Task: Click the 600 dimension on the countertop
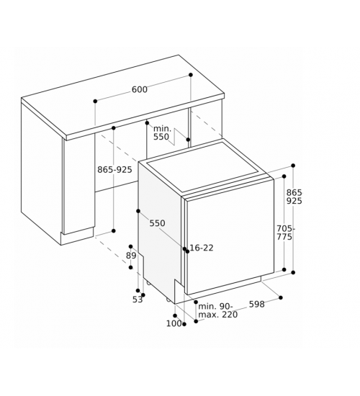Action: coord(140,89)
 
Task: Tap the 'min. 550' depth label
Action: coord(162,133)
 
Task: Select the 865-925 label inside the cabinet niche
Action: coord(114,170)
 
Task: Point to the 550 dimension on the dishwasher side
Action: coord(157,223)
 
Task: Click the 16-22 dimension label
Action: coord(202,248)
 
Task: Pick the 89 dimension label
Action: coord(131,256)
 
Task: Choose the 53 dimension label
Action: coord(138,300)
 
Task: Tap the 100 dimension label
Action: coord(174,323)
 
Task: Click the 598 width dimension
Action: coord(257,305)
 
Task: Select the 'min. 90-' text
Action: coord(215,306)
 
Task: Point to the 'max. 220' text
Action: coord(218,315)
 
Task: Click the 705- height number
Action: coord(286,228)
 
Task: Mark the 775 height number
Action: coord(284,237)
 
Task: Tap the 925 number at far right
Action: coord(294,201)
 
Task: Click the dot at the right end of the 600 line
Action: coord(191,75)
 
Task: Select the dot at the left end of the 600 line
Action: coord(95,102)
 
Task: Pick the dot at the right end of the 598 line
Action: coord(280,298)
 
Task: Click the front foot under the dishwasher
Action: coord(168,300)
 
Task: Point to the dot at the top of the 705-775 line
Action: coord(284,176)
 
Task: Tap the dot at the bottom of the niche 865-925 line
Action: coord(114,231)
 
